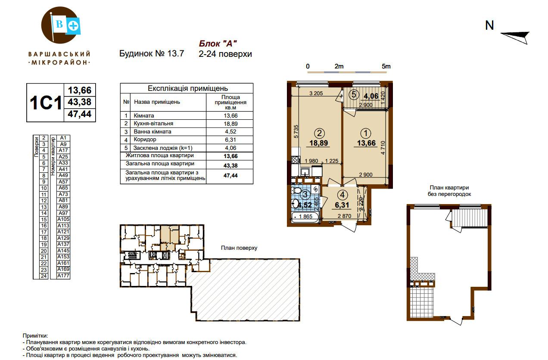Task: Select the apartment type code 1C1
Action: coord(46,103)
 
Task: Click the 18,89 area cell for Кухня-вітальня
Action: coord(230,124)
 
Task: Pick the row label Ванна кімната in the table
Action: coord(153,132)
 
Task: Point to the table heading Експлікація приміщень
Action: coord(188,88)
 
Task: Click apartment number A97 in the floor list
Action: coord(63,213)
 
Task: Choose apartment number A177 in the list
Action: coord(63,276)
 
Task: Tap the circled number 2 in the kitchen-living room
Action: coord(319,133)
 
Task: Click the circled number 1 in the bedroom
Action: coord(366,133)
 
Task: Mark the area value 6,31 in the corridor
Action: coord(342,205)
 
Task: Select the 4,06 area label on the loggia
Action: coord(371,96)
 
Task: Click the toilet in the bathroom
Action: coord(296,190)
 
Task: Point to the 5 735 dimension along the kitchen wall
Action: coord(296,132)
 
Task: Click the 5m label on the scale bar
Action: coord(386,66)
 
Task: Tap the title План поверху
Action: coord(239,248)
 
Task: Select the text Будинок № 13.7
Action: coord(152,53)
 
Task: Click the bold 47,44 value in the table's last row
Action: coord(230,176)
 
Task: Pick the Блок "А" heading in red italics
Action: coord(218,43)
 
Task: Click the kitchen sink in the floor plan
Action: coord(305,172)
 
